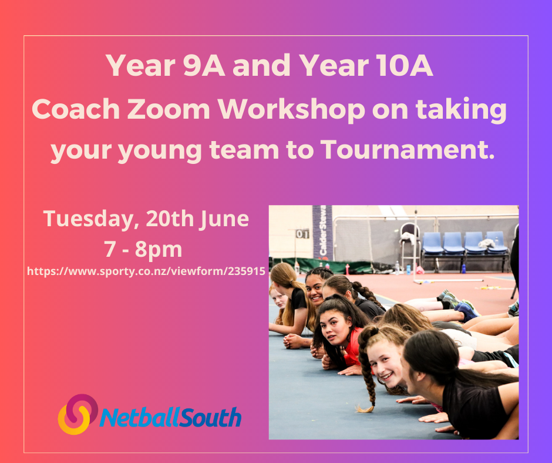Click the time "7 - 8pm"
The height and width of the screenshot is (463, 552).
pos(144,250)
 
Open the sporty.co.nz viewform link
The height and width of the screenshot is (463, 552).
pos(146,272)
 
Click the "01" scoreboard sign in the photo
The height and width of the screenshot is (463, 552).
pos(302,234)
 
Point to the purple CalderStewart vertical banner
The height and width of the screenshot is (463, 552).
pos(322,231)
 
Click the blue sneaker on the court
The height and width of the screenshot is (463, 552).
pos(466,311)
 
